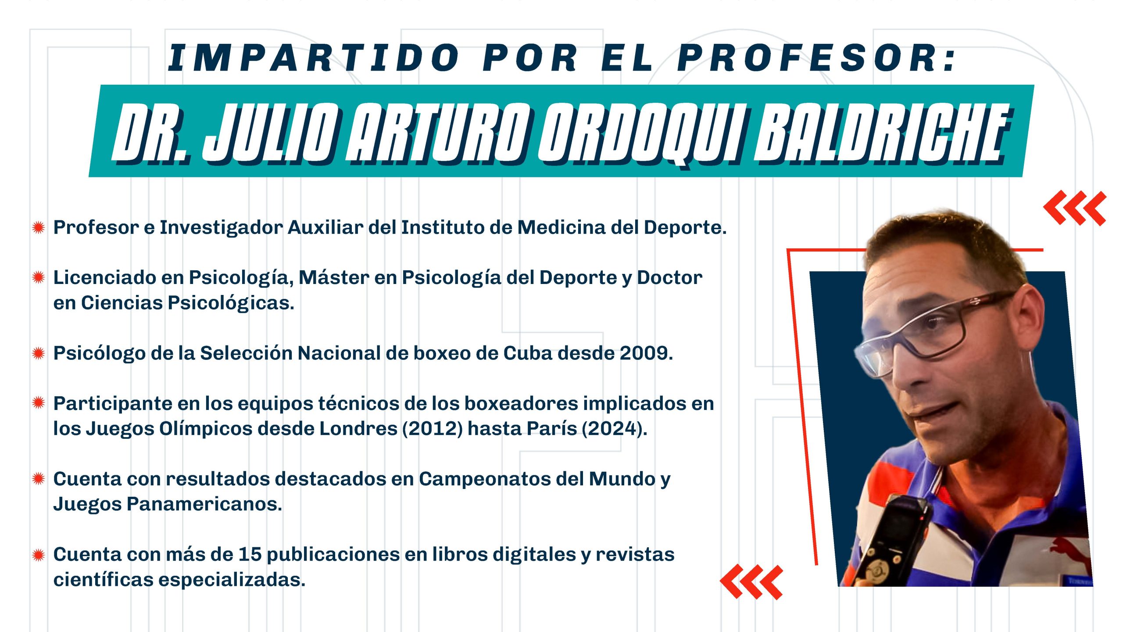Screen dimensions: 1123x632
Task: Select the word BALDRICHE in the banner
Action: pos(882,134)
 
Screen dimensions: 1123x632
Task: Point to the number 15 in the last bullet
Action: pos(250,554)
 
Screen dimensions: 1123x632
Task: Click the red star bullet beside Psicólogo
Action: pos(39,353)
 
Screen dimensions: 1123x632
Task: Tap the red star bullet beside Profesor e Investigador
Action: pos(39,227)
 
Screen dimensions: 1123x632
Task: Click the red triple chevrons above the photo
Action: pos(1075,208)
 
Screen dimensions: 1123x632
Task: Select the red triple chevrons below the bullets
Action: pos(751,582)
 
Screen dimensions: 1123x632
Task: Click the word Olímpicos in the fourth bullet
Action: pos(206,429)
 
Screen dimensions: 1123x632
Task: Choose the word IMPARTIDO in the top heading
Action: pos(314,58)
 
